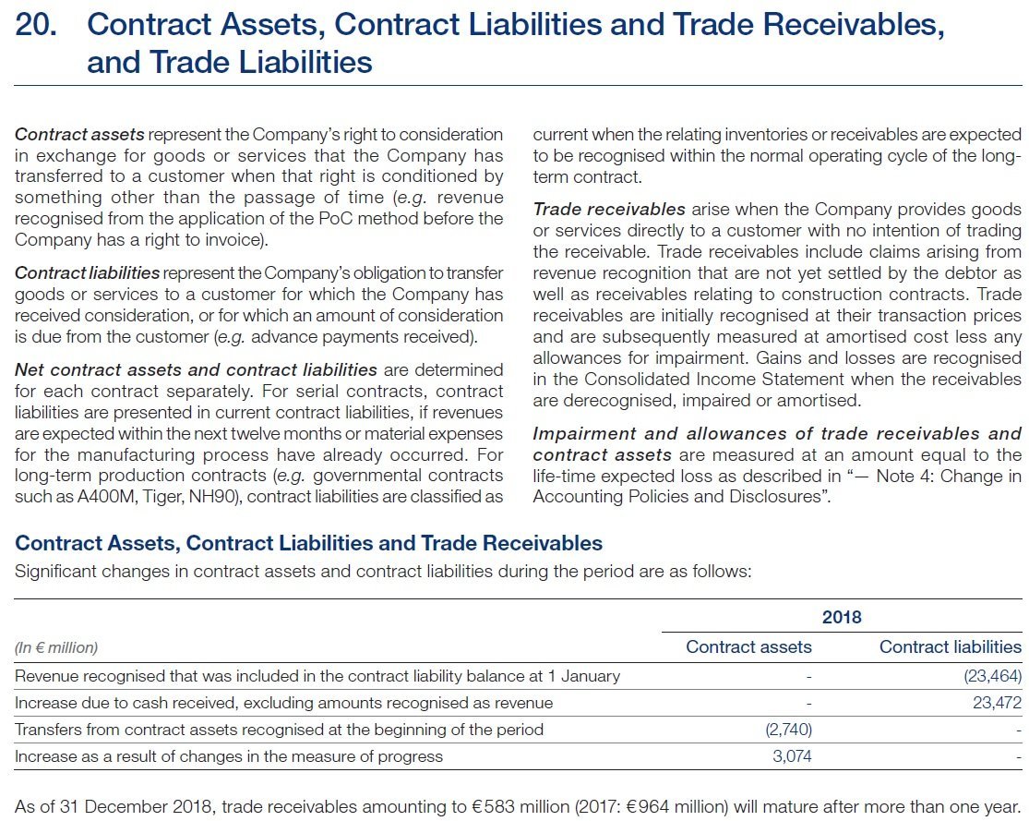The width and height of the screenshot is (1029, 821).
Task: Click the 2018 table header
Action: pyautogui.click(x=841, y=616)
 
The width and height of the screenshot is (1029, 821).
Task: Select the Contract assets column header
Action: pyautogui.click(x=748, y=646)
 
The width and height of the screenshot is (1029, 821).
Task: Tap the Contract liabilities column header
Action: pyautogui.click(x=950, y=646)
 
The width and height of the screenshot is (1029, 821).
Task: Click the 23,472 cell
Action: pyautogui.click(x=997, y=703)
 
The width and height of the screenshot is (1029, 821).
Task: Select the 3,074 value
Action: pyautogui.click(x=792, y=756)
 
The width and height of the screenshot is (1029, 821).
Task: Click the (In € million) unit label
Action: pyautogui.click(x=56, y=647)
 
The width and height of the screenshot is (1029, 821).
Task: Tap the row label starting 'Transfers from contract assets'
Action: pyautogui.click(x=279, y=730)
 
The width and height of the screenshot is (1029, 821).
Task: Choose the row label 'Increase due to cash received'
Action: pyautogui.click(x=283, y=703)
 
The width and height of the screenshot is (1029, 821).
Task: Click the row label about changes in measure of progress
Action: pyautogui.click(x=229, y=756)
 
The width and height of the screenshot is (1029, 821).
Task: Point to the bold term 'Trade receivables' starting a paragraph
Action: pyautogui.click(x=609, y=209)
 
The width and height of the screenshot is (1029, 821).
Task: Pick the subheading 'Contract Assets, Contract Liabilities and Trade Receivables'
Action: pyautogui.click(x=309, y=542)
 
